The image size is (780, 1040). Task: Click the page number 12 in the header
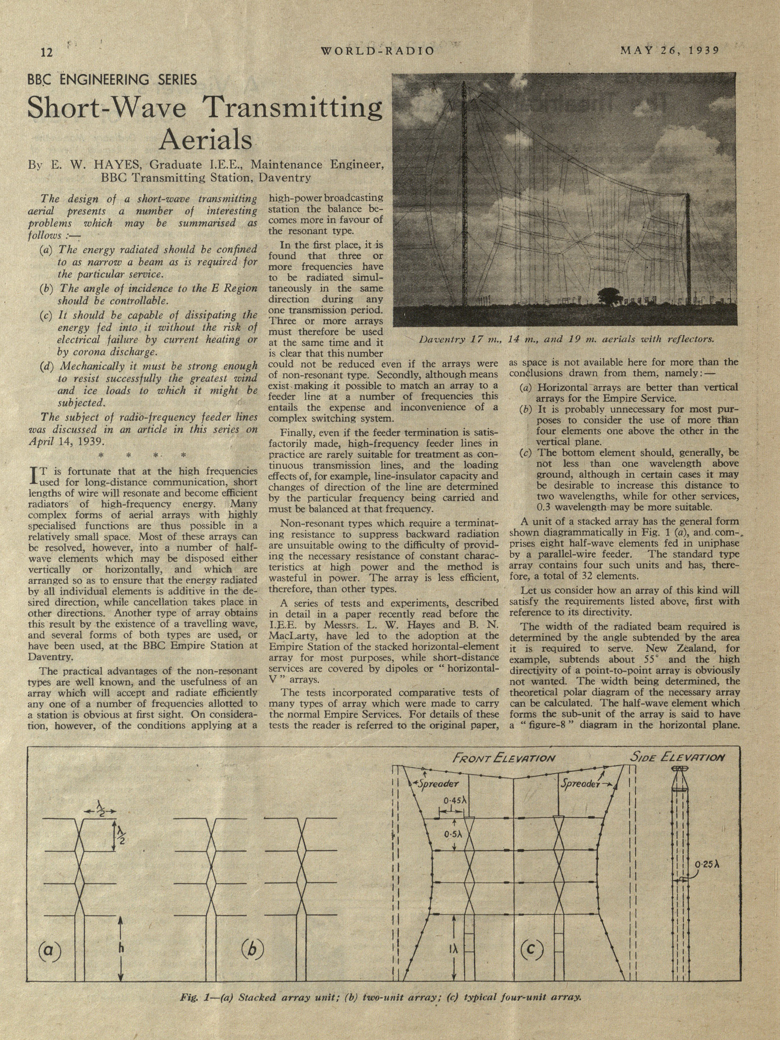pyautogui.click(x=48, y=51)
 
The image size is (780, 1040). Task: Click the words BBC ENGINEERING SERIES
pyautogui.click(x=112, y=80)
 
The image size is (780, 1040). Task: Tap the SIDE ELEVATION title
pyautogui.click(x=677, y=757)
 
